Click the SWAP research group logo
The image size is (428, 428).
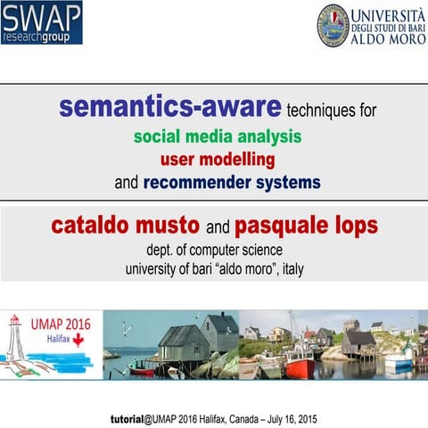42,23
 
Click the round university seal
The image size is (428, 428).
333,25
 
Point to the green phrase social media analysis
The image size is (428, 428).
218,137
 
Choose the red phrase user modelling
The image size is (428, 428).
218,160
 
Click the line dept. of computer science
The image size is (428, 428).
214,249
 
